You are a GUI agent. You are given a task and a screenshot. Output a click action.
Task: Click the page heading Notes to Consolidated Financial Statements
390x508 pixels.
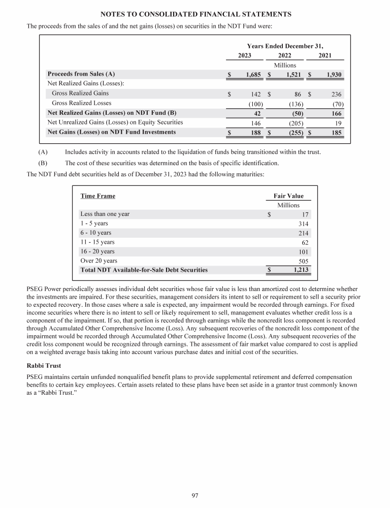click(x=196, y=14)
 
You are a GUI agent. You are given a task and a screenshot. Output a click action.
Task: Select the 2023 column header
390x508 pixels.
click(x=245, y=55)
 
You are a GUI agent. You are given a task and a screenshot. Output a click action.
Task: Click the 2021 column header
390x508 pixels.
click(x=326, y=55)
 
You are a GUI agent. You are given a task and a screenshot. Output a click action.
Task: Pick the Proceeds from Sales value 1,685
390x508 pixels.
click(x=252, y=75)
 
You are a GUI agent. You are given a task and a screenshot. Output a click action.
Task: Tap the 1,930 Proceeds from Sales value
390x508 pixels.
click(x=334, y=75)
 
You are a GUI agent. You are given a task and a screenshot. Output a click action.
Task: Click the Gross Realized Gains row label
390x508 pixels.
click(x=80, y=93)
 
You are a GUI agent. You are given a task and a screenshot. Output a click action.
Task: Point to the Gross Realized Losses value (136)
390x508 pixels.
click(x=294, y=103)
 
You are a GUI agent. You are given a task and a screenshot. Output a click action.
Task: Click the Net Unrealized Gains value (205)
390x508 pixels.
click(x=294, y=122)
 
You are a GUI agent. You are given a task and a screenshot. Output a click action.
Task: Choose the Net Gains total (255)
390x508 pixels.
click(x=294, y=133)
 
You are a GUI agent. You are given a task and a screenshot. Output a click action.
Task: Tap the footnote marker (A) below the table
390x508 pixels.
click(x=43, y=152)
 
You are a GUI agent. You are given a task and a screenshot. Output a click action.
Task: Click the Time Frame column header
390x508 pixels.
click(x=98, y=196)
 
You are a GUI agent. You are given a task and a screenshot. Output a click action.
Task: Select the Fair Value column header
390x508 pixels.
click(x=288, y=196)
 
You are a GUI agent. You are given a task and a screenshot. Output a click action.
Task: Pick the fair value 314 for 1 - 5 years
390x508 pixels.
click(x=303, y=224)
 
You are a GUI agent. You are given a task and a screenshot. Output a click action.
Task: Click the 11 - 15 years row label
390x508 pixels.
click(x=97, y=242)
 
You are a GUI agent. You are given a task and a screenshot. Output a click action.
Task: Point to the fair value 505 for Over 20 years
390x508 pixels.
click(x=303, y=261)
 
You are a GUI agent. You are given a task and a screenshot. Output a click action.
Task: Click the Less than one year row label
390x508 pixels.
click(x=105, y=214)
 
